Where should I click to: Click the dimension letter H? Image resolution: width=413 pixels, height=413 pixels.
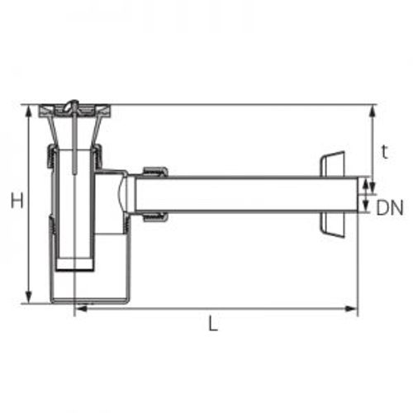tap(17, 200)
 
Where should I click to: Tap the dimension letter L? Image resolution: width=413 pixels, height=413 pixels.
tap(213, 323)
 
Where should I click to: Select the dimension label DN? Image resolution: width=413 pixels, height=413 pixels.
tap(390, 207)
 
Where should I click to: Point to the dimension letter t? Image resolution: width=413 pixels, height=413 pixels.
tap(385, 152)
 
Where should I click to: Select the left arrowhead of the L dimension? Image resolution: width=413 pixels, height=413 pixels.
tap(82, 309)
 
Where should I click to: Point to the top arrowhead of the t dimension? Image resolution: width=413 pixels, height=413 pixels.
tap(373, 112)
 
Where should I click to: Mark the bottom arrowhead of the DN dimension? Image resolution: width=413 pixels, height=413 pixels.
tap(365, 206)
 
